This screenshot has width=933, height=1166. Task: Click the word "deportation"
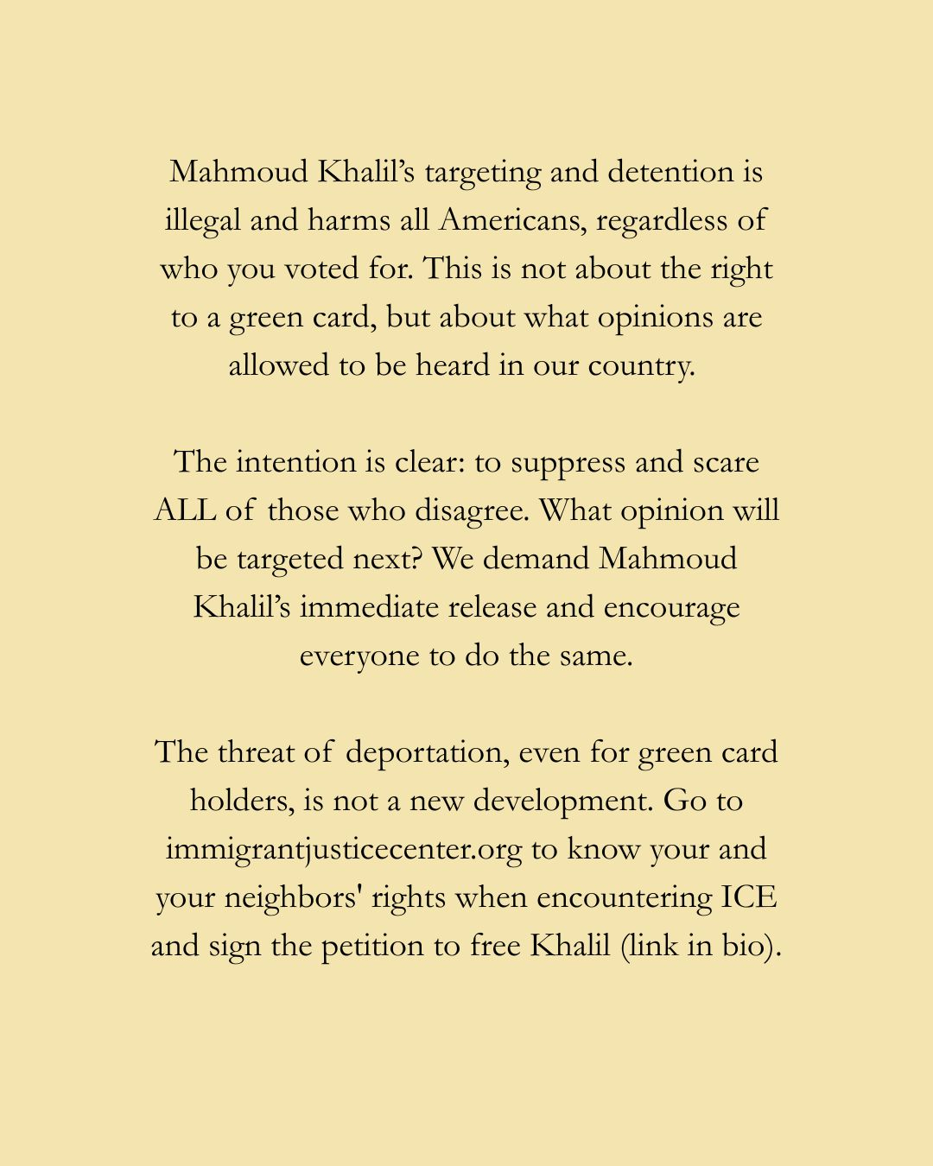pyautogui.click(x=427, y=753)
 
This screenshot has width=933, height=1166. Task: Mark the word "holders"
pyautogui.click(x=240, y=801)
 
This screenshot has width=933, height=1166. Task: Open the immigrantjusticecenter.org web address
pyautogui.click(x=344, y=850)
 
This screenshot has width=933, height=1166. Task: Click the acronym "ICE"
pyautogui.click(x=749, y=897)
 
